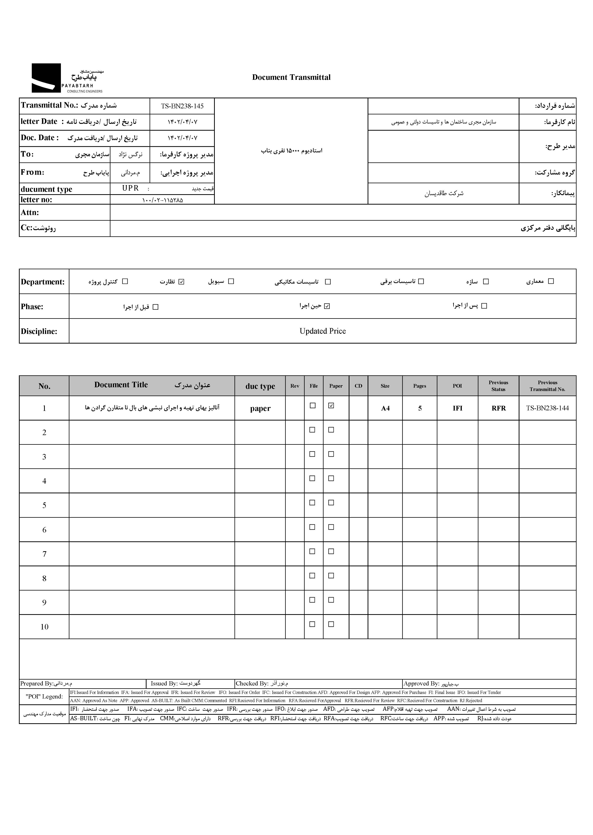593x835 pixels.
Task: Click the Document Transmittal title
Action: point(291,77)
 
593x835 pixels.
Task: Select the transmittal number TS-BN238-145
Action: point(182,106)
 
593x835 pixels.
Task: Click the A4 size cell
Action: point(385,408)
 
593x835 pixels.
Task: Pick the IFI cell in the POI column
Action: point(457,408)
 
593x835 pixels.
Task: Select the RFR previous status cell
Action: point(498,408)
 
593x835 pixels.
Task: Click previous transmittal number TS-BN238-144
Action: point(547,408)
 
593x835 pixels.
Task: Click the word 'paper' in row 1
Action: point(260,409)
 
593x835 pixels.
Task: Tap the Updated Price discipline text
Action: point(322,331)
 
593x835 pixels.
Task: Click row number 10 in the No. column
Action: point(44,627)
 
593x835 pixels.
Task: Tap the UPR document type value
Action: point(130,188)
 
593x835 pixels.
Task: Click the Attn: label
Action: point(30,213)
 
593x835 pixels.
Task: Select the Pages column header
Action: point(420,386)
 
